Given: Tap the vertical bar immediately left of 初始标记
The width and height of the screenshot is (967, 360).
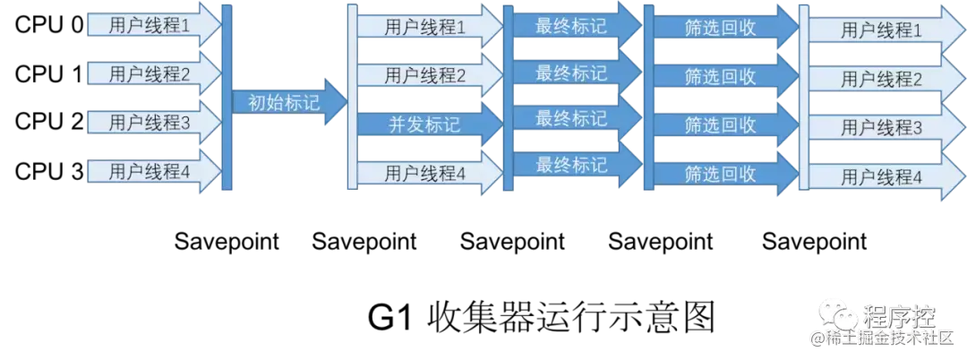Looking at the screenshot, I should point(227,99).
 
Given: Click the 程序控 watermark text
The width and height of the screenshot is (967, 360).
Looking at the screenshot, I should point(898,316).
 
